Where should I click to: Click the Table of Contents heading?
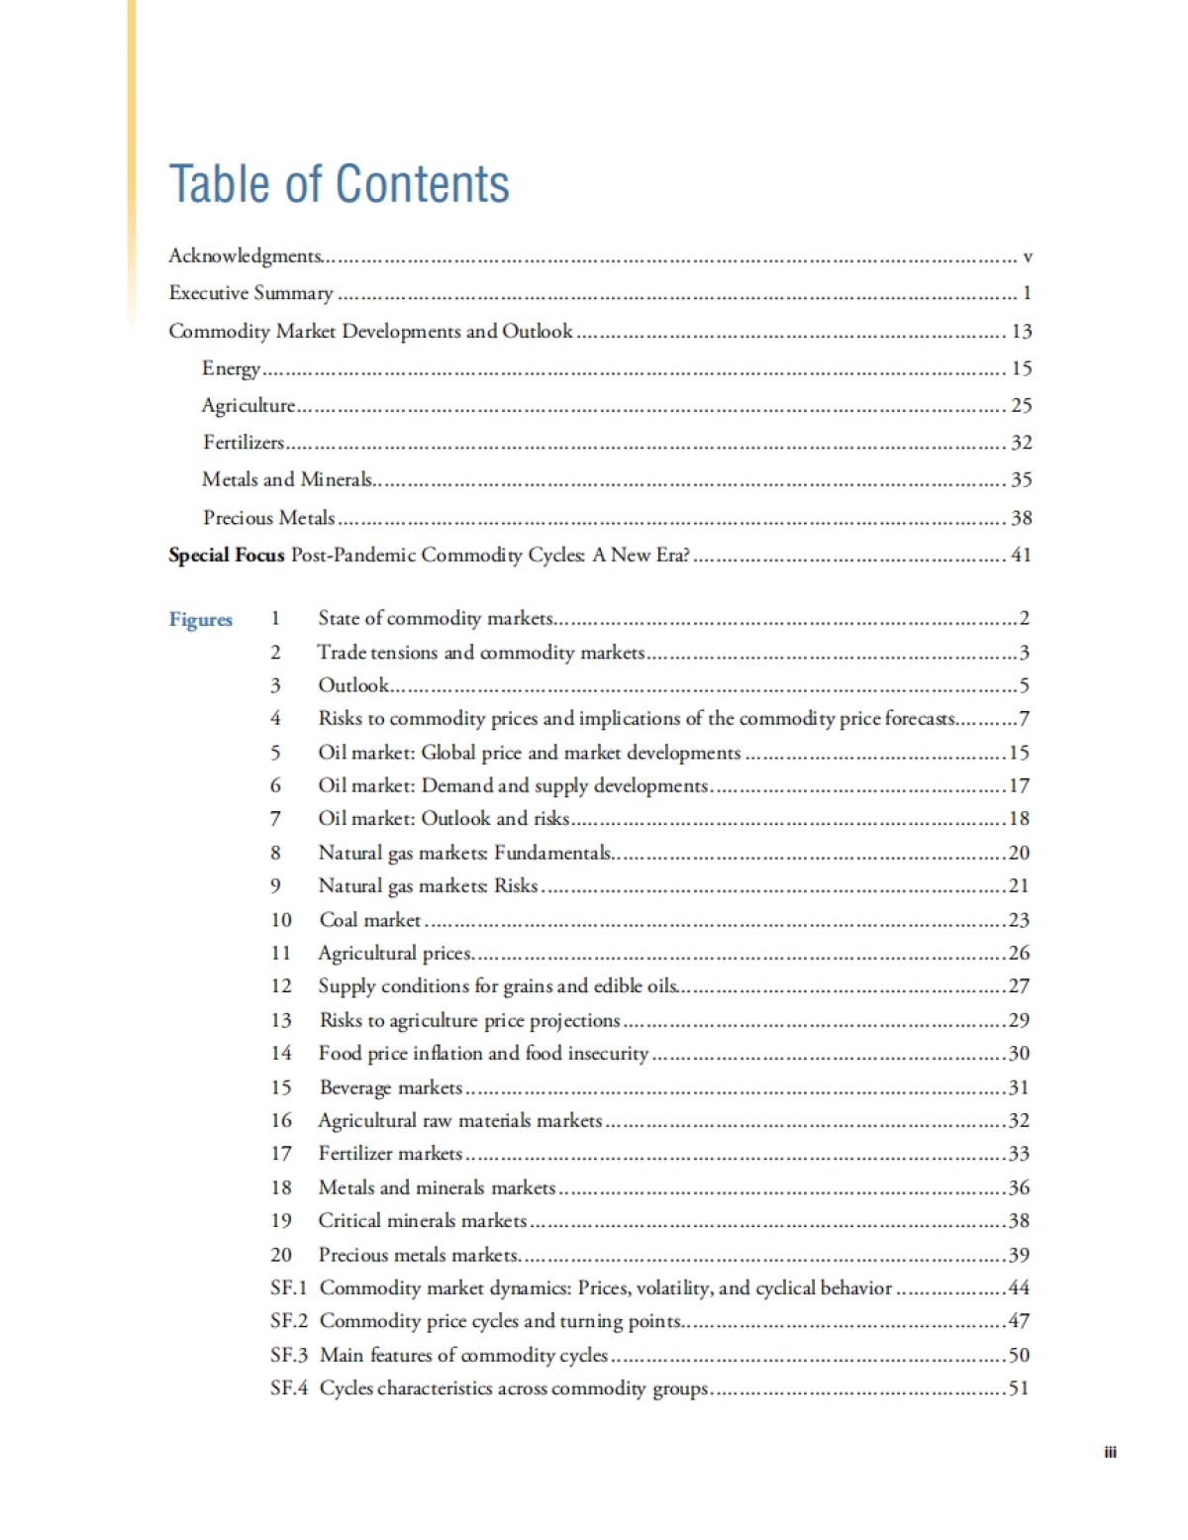[x=339, y=184]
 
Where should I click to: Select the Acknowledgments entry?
[x=245, y=256]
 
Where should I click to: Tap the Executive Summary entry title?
[x=250, y=293]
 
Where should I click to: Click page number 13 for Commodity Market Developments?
[x=1021, y=331]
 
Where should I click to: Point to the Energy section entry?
[x=231, y=368]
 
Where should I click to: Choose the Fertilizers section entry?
[x=244, y=443]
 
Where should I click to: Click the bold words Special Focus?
[x=226, y=555]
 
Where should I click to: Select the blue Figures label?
[x=200, y=619]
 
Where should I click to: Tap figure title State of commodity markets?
[x=435, y=618]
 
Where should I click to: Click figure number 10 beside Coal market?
[x=281, y=919]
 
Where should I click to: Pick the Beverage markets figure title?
[x=391, y=1086]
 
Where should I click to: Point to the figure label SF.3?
[x=288, y=1354]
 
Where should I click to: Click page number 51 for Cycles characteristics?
[x=1019, y=1387]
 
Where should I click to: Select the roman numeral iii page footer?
[x=1110, y=1452]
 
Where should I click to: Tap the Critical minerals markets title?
[x=422, y=1220]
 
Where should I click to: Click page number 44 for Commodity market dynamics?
[x=1019, y=1287]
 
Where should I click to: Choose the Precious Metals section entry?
[x=268, y=517]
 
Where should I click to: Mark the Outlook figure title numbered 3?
[x=353, y=684]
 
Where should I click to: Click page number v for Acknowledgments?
[x=1027, y=257]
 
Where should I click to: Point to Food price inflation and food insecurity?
[x=483, y=1053]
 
